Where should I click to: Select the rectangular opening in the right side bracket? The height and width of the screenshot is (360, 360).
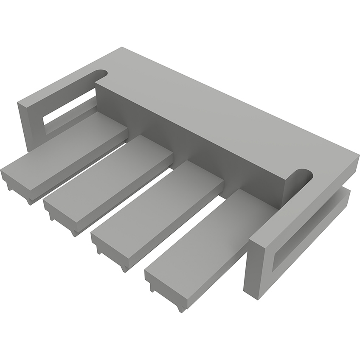point(310,233)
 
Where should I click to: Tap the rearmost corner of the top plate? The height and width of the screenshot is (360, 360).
point(122,48)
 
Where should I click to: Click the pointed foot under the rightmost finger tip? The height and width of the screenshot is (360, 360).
point(182,309)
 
